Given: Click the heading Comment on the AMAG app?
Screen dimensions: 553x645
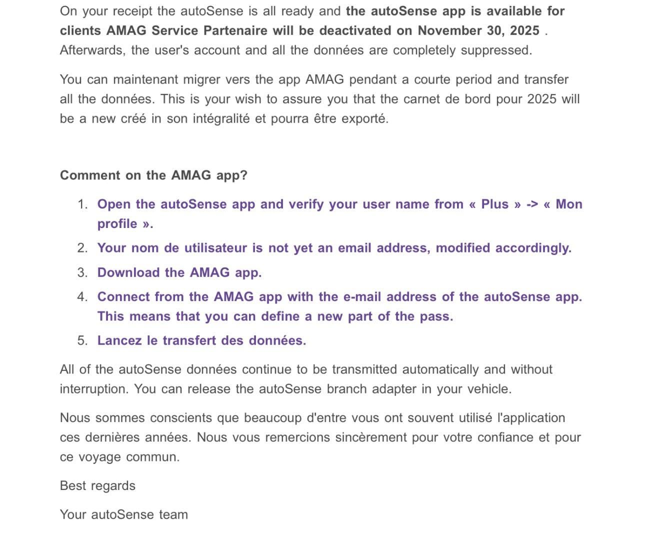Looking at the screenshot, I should click(153, 175).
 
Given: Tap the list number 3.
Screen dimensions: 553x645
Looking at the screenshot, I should click(82, 272).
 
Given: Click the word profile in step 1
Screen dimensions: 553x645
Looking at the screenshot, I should click(117, 223).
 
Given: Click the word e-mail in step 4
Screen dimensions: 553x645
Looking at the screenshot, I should click(362, 296).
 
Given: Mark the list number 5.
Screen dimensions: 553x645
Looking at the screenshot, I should click(82, 340).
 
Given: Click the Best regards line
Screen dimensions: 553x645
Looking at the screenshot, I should click(97, 486).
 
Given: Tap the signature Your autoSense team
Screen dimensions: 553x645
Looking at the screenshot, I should click(123, 514).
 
